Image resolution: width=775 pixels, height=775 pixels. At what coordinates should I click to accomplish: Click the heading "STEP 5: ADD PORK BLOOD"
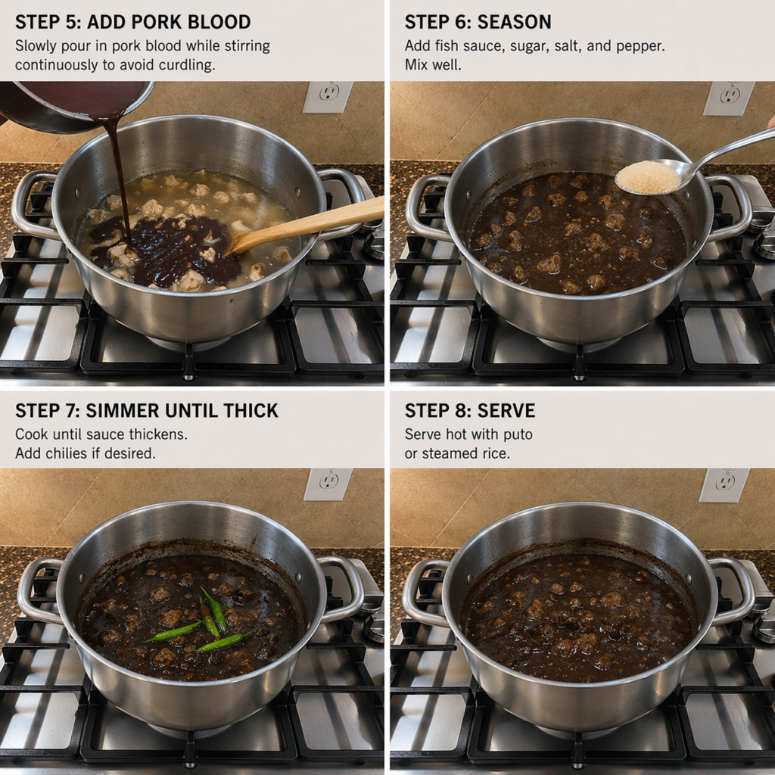point(132,22)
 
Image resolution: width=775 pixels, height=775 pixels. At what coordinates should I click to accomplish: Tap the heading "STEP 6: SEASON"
point(478,22)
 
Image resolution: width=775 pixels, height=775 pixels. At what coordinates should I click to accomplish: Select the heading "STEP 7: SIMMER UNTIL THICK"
point(147,411)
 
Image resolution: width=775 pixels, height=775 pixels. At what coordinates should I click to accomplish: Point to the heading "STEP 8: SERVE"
point(470,411)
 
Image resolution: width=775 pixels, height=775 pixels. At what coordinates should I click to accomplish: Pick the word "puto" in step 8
point(518,434)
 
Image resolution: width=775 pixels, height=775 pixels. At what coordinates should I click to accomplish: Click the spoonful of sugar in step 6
point(648,177)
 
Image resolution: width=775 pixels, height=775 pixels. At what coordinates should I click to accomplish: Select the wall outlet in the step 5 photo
point(328,97)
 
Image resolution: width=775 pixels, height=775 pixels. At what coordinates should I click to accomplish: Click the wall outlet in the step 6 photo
point(729,98)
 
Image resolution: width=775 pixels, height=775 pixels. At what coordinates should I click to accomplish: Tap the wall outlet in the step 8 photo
point(724,485)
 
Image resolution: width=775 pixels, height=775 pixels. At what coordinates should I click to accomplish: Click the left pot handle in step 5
point(30,203)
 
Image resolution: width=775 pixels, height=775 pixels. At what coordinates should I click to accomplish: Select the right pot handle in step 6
point(732,208)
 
